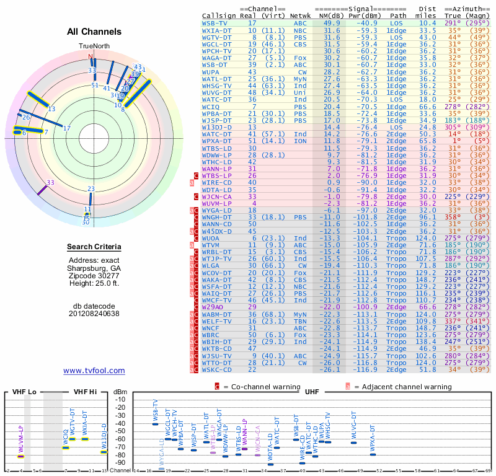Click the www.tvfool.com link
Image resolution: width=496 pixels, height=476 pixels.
pos(94,371)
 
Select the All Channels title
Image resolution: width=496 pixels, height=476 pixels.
pos(94,32)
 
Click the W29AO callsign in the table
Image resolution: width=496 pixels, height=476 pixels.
pos(213,307)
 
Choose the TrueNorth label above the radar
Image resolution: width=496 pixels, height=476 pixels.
pos(94,46)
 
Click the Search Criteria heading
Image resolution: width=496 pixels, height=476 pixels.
pos(94,247)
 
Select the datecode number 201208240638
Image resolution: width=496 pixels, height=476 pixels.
pos(94,314)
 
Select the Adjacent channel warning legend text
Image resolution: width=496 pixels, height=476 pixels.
pos(402,387)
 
